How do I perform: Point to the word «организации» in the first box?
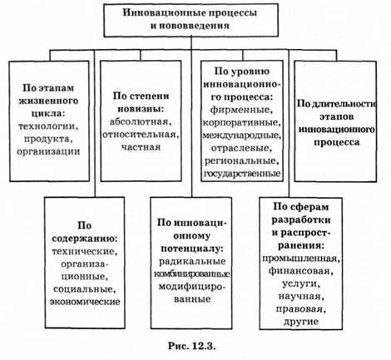coord(48,151)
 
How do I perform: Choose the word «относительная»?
coord(141,135)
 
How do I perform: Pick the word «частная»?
coord(141,147)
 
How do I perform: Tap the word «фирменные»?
coord(241,110)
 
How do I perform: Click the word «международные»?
coord(241,136)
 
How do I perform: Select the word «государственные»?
coord(242,174)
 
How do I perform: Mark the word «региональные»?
coord(240,161)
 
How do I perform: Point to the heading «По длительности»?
coord(336,104)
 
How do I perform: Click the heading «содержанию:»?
coord(85,239)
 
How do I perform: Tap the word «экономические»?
coord(85,302)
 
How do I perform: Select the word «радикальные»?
coord(192,261)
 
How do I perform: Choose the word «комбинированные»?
coord(191,274)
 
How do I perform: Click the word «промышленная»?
coord(301,259)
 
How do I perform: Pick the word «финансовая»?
coord(301,271)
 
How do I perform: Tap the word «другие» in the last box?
coord(301,322)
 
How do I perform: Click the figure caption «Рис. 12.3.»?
coord(191,346)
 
